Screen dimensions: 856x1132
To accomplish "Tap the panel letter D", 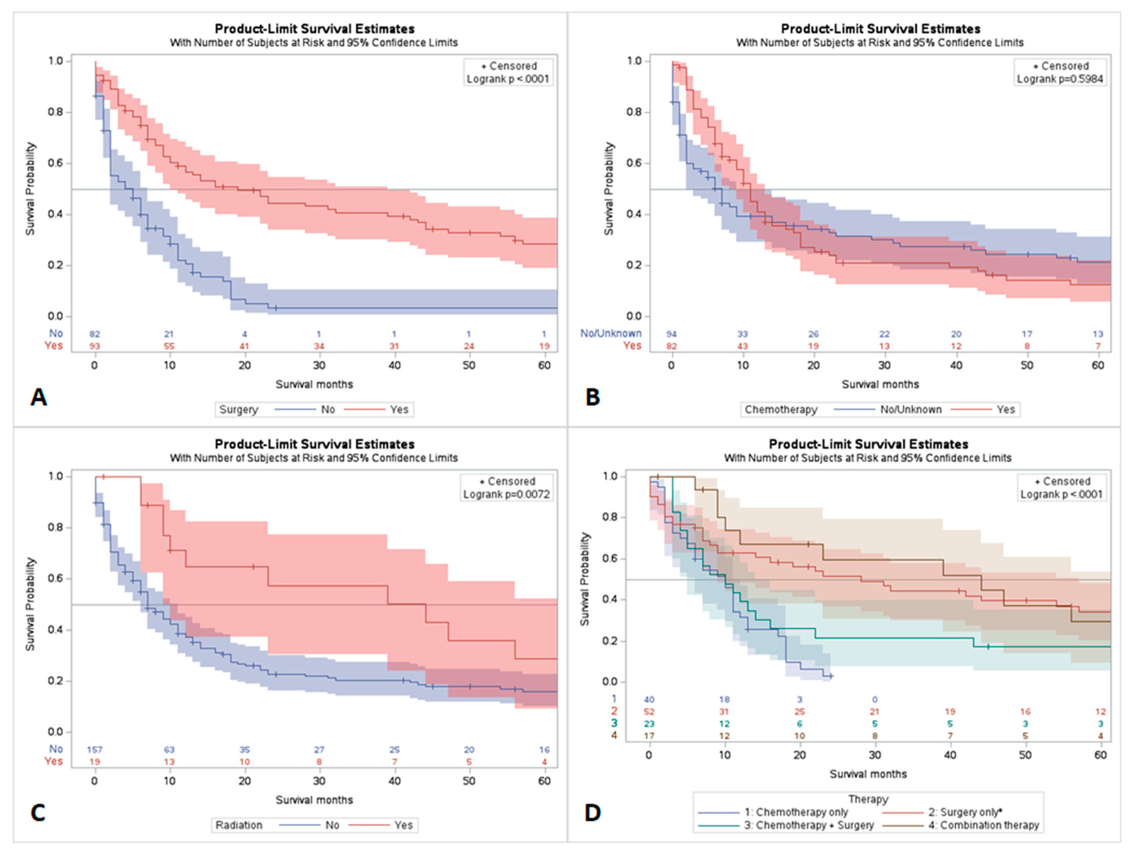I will (593, 813).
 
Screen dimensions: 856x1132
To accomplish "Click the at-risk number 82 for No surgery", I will (95, 334).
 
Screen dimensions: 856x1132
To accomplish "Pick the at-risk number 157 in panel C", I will (95, 750).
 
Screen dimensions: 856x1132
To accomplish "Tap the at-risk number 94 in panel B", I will (671, 334).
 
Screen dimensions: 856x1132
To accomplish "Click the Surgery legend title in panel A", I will (239, 410).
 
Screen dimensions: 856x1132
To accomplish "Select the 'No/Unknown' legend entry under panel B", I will (911, 410).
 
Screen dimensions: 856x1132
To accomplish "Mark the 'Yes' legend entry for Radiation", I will (403, 825).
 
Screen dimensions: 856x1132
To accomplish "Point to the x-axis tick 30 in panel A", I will (319, 365).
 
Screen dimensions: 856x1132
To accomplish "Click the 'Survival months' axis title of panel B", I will (880, 384).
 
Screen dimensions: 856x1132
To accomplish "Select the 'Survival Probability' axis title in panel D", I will (585, 579).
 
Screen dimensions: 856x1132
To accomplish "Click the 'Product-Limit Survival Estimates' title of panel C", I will (314, 444).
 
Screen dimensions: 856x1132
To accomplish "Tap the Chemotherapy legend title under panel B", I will (781, 410).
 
